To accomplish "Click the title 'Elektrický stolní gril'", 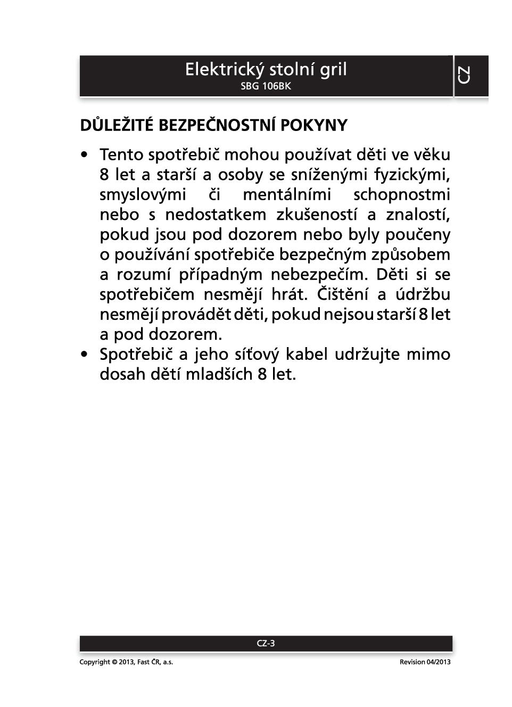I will pyautogui.click(x=266, y=69).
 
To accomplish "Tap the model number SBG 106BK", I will pyautogui.click(x=266, y=86).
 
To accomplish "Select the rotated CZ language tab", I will pyautogui.click(x=464, y=75).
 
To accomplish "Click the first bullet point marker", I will pyautogui.click(x=84, y=155).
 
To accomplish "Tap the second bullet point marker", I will pyautogui.click(x=84, y=355).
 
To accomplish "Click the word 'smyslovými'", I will pyautogui.click(x=143, y=195).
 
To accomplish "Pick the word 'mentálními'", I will pyautogui.click(x=287, y=195).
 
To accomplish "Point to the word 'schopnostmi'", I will pyautogui.click(x=402, y=195).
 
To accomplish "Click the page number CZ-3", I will pyautogui.click(x=266, y=643).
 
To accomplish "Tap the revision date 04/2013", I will pyautogui.click(x=438, y=662).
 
